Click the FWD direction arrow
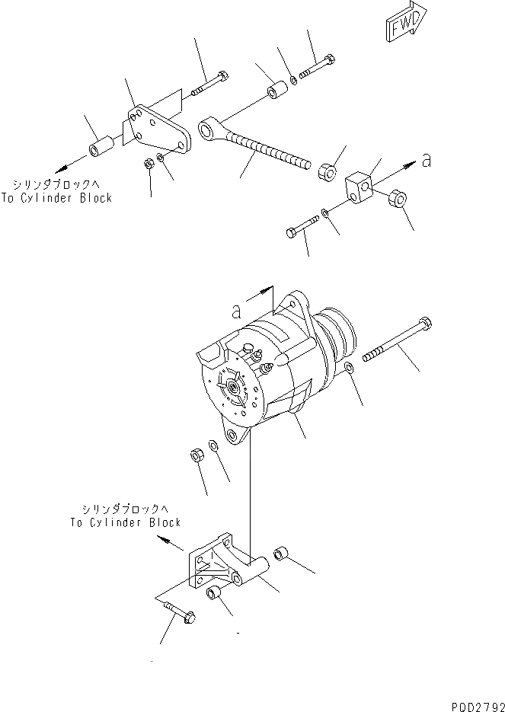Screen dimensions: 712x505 pyautogui.click(x=401, y=27)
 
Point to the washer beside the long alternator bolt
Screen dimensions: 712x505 pyautogui.click(x=348, y=370)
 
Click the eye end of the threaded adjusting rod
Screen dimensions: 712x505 pyautogui.click(x=209, y=127)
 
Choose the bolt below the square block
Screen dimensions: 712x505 pyautogui.click(x=305, y=227)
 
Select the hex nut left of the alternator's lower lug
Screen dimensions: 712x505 pyautogui.click(x=194, y=455)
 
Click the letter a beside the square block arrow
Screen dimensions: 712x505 pyautogui.click(x=427, y=160)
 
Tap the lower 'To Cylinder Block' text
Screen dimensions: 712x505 pyautogui.click(x=126, y=522)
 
